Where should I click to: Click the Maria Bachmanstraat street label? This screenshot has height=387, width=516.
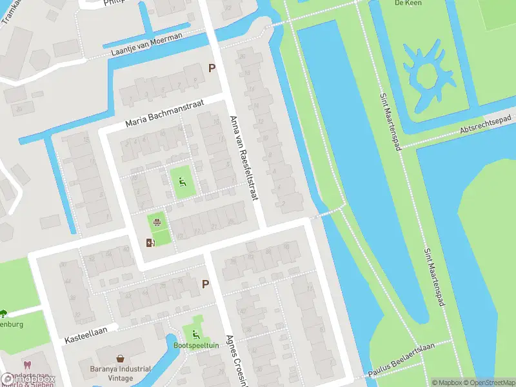[164, 112]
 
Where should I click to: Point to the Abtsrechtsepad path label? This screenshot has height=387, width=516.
[485, 124]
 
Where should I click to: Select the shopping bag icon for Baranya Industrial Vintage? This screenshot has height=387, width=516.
[120, 358]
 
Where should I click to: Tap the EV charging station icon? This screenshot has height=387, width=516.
[150, 243]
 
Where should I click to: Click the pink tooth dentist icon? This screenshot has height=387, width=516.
[26, 366]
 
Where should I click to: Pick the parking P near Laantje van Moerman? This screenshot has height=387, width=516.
[211, 68]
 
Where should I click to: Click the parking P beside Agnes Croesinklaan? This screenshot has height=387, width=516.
[206, 283]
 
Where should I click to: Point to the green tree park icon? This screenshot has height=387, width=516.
[3, 313]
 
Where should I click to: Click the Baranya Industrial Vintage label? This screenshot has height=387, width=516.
[120, 373]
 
